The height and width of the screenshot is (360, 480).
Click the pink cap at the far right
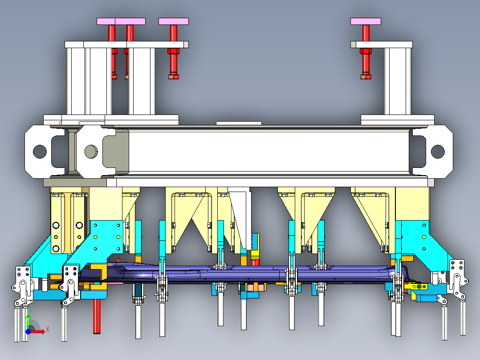(366, 21)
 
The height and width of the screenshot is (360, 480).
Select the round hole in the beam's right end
(438, 151)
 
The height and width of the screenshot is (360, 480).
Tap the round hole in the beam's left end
(40, 151)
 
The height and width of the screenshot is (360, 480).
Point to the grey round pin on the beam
(91, 151)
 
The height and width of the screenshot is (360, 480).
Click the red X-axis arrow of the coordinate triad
(38, 331)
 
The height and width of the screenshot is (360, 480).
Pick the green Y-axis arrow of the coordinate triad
(28, 322)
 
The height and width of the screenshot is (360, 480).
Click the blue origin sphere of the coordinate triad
(28, 331)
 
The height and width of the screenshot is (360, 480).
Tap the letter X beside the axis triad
(48, 330)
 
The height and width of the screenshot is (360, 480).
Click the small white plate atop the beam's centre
(239, 123)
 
